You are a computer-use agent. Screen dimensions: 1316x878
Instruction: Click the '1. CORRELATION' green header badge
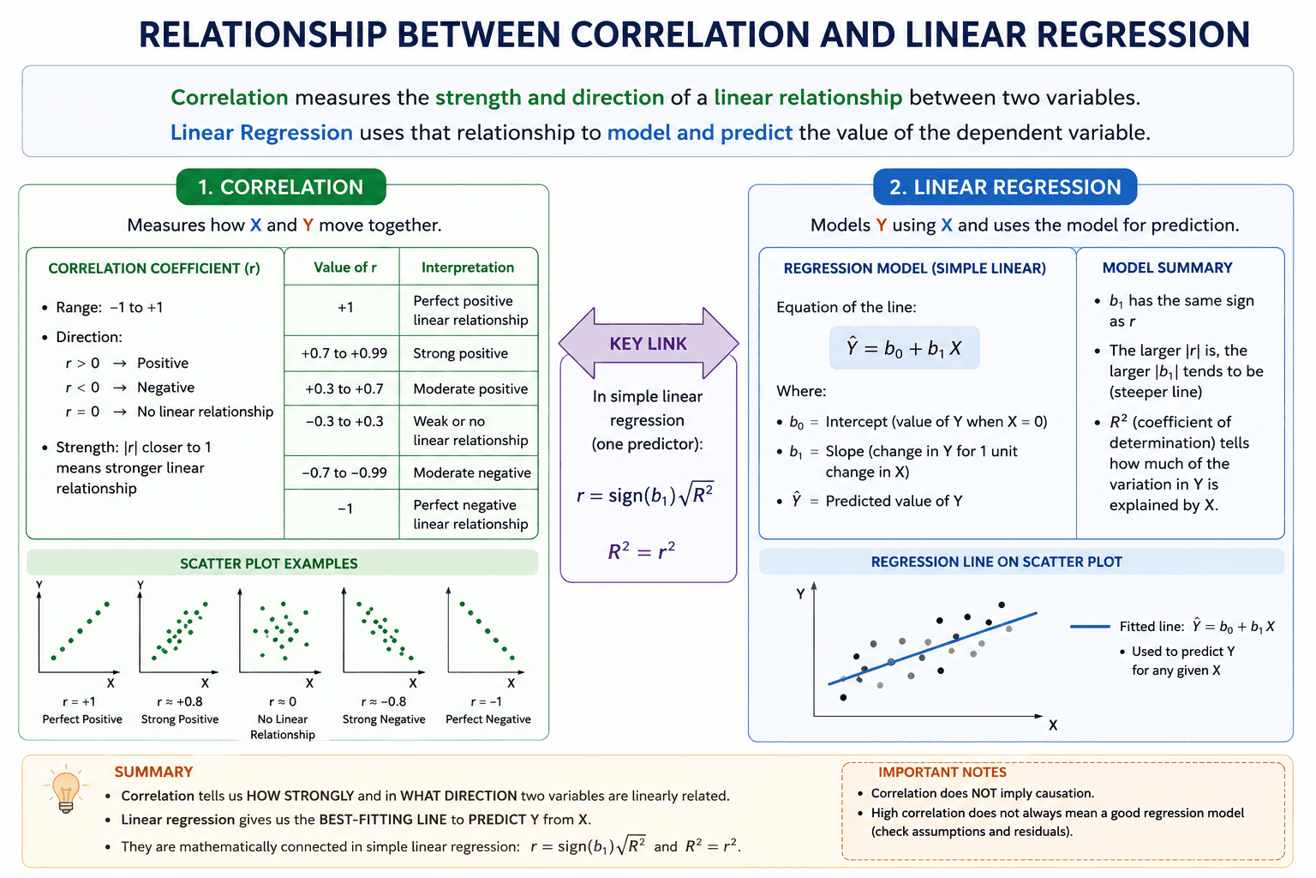[281, 187]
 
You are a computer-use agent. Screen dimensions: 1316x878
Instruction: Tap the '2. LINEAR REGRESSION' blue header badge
[1005, 187]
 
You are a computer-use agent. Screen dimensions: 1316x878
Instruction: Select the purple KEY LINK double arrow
[648, 344]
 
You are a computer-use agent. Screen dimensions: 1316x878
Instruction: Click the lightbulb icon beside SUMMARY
[66, 789]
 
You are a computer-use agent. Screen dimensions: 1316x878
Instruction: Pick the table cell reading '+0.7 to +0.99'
[344, 353]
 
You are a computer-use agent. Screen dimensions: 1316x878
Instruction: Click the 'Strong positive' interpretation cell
[469, 353]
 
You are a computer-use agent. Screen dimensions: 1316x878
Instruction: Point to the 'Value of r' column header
[345, 268]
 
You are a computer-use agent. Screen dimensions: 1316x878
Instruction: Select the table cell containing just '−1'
[344, 508]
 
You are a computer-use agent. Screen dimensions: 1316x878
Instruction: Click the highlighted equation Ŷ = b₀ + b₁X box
[904, 348]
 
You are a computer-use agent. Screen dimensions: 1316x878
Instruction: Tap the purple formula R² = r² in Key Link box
[641, 551]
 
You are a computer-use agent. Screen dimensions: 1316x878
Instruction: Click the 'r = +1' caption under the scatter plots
[79, 701]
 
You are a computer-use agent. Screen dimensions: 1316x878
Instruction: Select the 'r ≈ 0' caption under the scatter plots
[283, 701]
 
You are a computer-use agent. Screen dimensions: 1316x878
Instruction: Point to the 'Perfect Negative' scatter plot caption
[488, 719]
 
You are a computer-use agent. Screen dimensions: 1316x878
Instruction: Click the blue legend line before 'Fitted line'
[1090, 627]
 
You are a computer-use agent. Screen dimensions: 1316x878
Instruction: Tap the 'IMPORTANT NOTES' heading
[942, 773]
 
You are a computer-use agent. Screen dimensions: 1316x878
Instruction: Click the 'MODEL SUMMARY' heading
[1168, 268]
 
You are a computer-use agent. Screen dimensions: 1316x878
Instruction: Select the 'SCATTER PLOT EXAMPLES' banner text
[268, 563]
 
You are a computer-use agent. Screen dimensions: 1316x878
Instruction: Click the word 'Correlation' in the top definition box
[229, 97]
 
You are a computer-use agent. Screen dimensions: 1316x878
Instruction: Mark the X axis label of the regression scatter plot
[1053, 725]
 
